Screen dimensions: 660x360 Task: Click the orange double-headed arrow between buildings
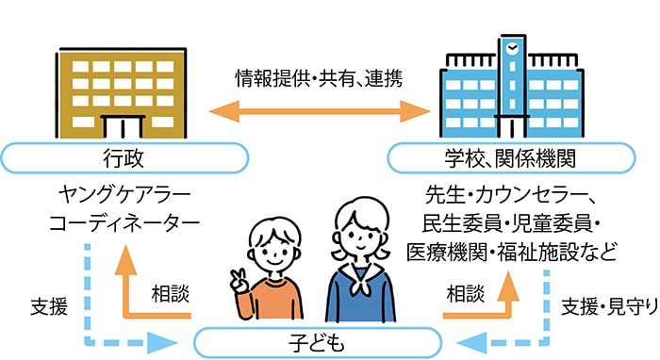pyautogui.click(x=320, y=112)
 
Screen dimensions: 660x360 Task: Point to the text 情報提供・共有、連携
pyautogui.click(x=319, y=79)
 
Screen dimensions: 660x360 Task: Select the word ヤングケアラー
pyautogui.click(x=124, y=196)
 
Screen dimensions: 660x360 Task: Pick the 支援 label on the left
pyautogui.click(x=47, y=306)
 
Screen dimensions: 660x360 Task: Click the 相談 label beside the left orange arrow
pyautogui.click(x=171, y=293)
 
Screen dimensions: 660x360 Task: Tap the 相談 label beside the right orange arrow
pyautogui.click(x=465, y=293)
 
